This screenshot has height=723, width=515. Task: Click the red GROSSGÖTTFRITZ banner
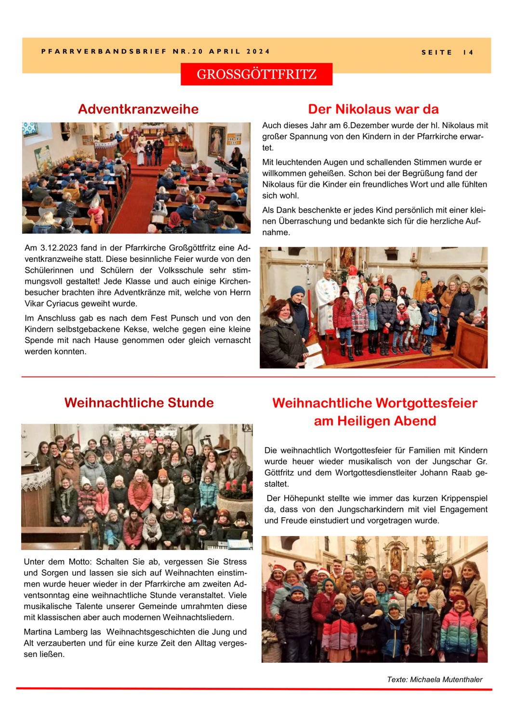[x=256, y=74]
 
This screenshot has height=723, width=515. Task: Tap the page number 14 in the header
[x=468, y=53]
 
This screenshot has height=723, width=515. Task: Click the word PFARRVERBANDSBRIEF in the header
[x=104, y=52]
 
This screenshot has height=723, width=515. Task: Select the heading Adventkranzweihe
[x=138, y=109]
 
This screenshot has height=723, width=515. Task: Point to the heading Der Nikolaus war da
[x=373, y=109]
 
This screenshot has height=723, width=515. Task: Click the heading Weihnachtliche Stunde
[x=139, y=402]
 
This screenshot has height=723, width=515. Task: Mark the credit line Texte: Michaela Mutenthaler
[x=435, y=680]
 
